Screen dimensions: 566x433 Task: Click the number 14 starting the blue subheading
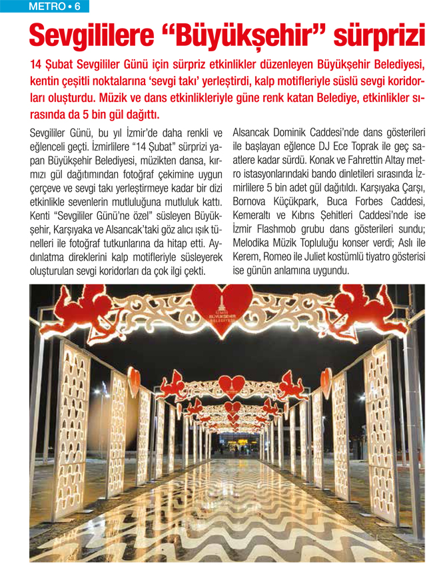click(x=38, y=66)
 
